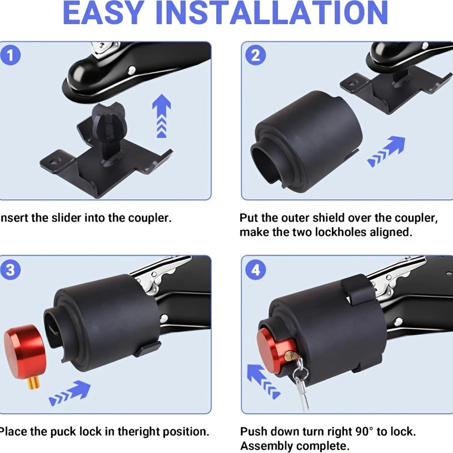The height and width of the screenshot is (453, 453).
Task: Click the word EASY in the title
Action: (x=103, y=13)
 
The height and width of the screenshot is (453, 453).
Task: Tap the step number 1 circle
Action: (x=10, y=55)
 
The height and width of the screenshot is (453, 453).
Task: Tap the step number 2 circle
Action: (x=256, y=55)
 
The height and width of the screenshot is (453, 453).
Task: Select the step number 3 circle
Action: (x=10, y=270)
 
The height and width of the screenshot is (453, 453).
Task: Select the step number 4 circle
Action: (x=256, y=270)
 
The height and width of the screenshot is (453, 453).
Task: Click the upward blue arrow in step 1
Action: (x=162, y=115)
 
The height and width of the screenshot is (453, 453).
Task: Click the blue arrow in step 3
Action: (x=70, y=392)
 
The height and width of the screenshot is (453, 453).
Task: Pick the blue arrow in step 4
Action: (x=263, y=381)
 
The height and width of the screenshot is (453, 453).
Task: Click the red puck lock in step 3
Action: (x=25, y=352)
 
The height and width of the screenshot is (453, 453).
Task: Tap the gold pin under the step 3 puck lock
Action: (x=33, y=383)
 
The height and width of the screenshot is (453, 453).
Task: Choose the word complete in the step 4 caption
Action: (x=321, y=446)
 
